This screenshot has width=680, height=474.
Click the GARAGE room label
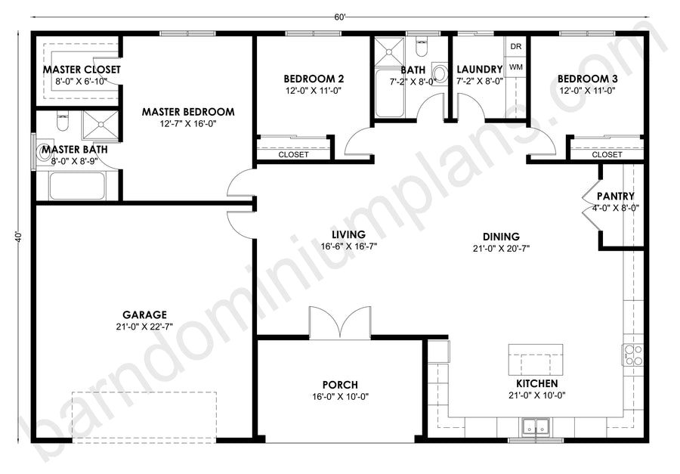(x=144, y=314)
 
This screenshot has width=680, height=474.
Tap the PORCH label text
(x=340, y=385)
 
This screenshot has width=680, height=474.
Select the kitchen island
(x=536, y=359)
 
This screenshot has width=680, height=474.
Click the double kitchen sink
(x=536, y=426)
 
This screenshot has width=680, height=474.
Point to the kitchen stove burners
(x=632, y=355)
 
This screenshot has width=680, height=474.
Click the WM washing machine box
(x=515, y=67)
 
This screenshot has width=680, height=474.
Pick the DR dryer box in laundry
(x=515, y=46)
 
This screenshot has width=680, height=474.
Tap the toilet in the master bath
(x=63, y=122)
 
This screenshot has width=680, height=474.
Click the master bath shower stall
(x=100, y=125)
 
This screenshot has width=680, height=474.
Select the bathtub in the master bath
(x=77, y=186)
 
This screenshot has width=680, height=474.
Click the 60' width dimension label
(x=340, y=17)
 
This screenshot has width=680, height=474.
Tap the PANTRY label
(x=615, y=197)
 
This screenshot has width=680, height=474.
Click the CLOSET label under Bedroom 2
(x=294, y=154)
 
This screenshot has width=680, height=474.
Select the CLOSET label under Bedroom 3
(x=607, y=154)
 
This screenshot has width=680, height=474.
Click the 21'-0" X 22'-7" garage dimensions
(x=144, y=327)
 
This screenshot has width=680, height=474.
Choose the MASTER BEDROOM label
(x=188, y=112)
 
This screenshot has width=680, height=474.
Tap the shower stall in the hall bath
(x=389, y=52)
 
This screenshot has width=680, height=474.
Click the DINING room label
(x=501, y=237)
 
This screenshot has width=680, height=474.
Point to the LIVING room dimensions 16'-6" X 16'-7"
(x=348, y=246)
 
